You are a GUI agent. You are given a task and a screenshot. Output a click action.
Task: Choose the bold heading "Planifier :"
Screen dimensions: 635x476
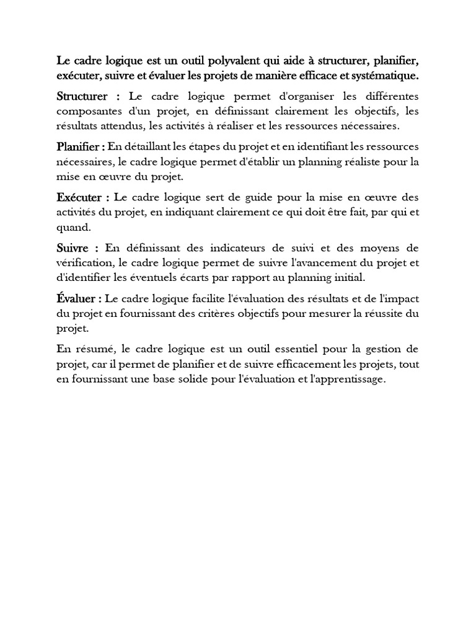point(81,148)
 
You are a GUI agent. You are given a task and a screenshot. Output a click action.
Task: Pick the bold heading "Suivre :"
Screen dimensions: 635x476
point(76,248)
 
